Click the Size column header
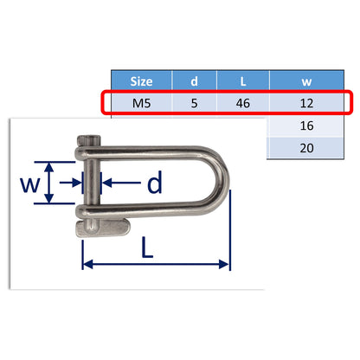pyautogui.click(x=140, y=81)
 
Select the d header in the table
pyautogui.click(x=194, y=81)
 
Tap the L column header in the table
pyautogui.click(x=245, y=81)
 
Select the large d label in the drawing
pyautogui.click(x=154, y=183)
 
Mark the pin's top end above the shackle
pyautogui.click(x=86, y=141)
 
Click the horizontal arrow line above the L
pyautogui.click(x=156, y=265)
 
